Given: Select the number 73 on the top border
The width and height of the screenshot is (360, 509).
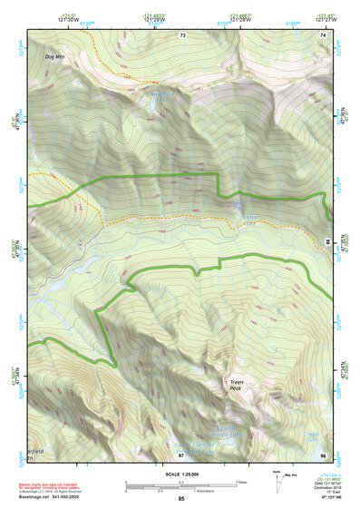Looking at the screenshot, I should coord(181,34).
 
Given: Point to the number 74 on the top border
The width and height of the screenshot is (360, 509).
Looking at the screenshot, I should coord(323,34).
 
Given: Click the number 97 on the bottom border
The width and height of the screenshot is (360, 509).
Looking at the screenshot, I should coord(180,453).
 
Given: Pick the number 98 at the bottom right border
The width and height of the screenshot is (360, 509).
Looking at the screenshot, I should coord(323,453).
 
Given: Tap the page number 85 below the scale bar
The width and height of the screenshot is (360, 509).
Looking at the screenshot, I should coord(180,498).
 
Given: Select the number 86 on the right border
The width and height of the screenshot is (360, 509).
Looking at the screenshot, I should coord(327,240).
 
